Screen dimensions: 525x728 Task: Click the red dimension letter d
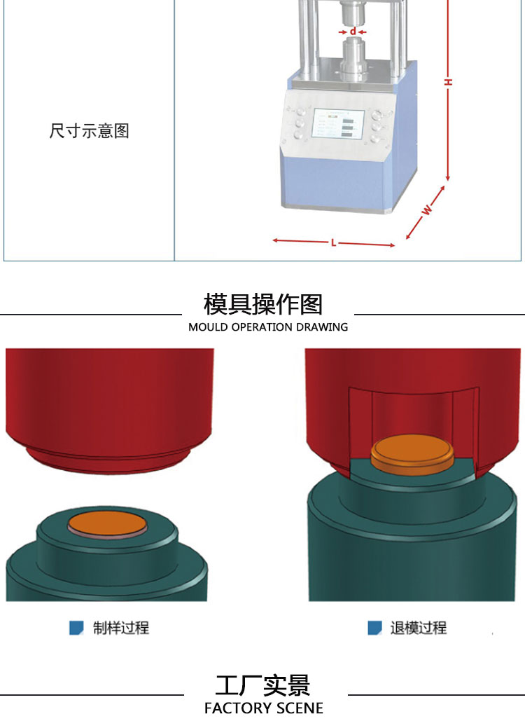tap(353, 31)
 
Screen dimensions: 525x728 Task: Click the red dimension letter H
tap(448, 82)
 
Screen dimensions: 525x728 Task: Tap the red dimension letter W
tap(427, 210)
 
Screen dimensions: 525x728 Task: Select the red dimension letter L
tap(333, 243)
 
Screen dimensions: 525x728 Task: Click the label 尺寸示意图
tap(89, 131)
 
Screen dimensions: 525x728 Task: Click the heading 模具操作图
tap(263, 304)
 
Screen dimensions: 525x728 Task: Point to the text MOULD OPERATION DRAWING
tap(268, 327)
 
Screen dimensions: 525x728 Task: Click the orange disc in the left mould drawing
tap(107, 524)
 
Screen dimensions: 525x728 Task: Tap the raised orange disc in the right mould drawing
tap(412, 455)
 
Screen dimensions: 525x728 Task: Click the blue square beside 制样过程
tap(76, 628)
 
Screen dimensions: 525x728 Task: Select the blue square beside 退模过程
tap(374, 628)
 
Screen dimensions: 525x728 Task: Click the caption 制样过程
tap(121, 628)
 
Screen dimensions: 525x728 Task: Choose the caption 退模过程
tap(419, 628)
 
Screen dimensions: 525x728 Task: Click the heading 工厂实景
tap(262, 686)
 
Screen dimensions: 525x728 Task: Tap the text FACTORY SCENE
tap(263, 708)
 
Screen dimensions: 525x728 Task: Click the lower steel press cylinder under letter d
tap(353, 57)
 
